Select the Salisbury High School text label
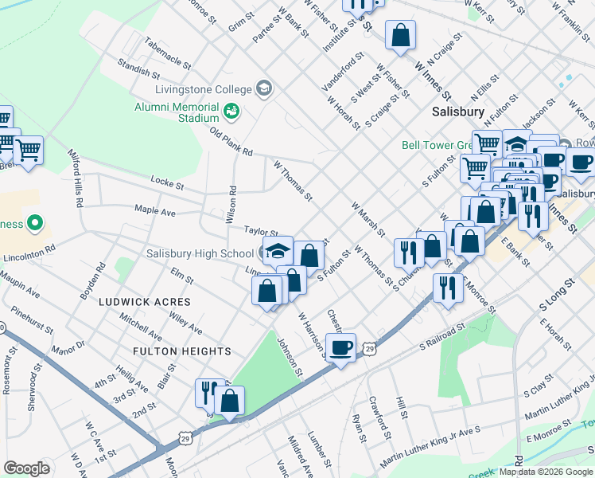click(x=200, y=254)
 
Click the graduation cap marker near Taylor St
click(x=278, y=250)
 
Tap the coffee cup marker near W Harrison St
click(x=341, y=347)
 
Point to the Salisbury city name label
click(x=458, y=112)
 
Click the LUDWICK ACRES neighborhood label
click(x=145, y=303)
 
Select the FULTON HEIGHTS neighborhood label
click(x=182, y=351)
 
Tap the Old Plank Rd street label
click(x=231, y=141)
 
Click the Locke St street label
click(x=168, y=185)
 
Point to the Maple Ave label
click(x=154, y=210)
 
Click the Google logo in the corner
click(x=27, y=468)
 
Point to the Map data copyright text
click(x=545, y=472)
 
